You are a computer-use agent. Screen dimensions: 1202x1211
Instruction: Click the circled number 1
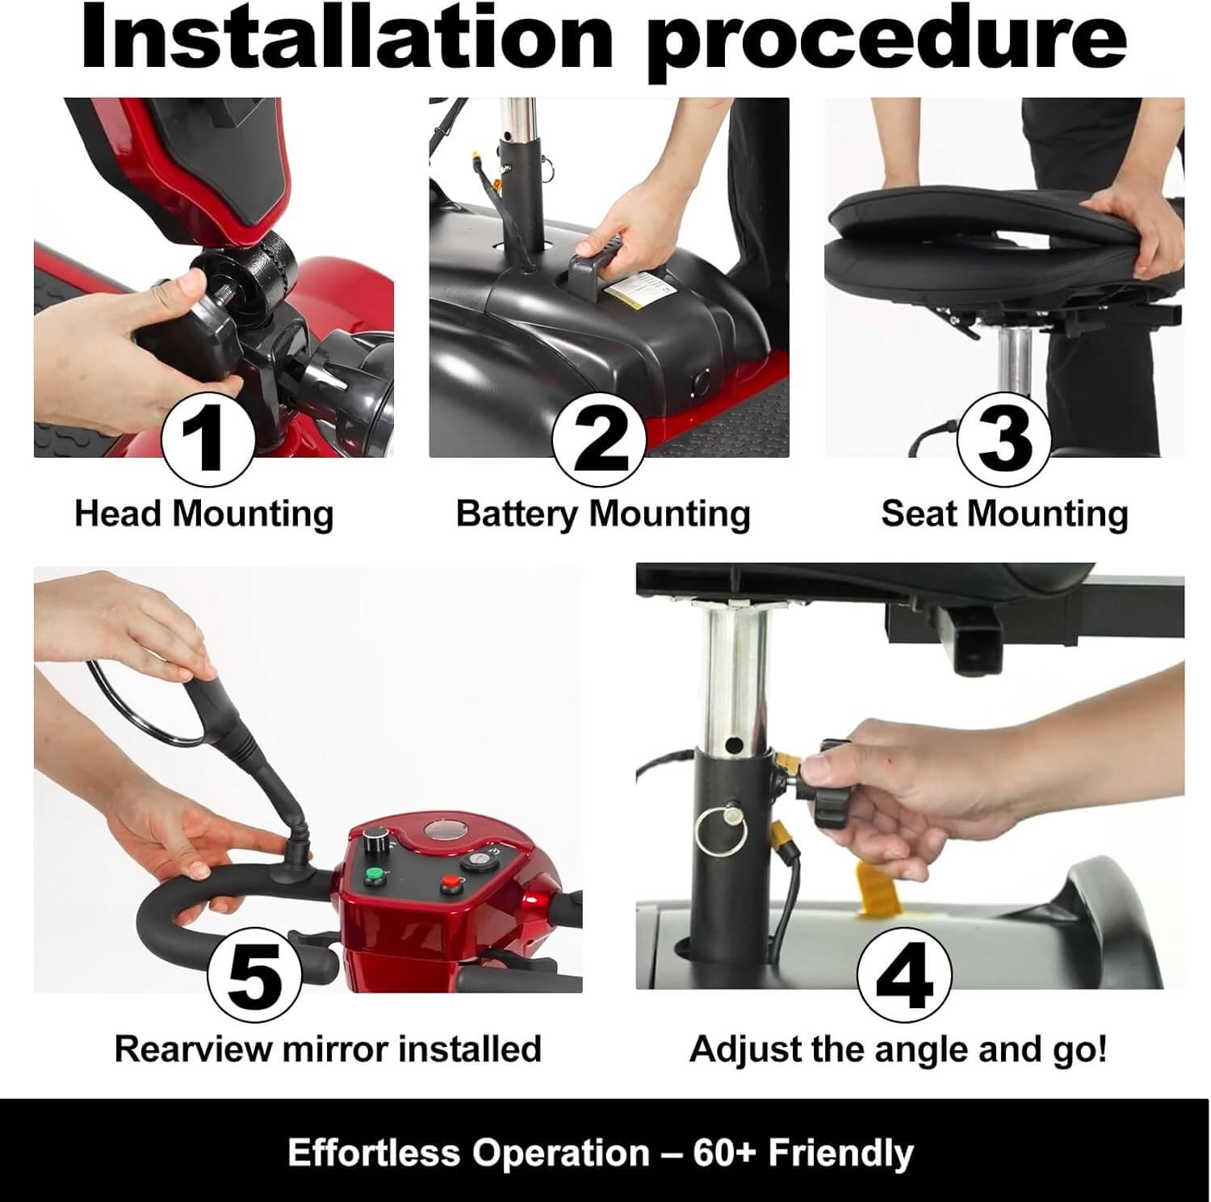point(208,438)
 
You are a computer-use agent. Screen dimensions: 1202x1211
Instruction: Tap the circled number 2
point(599,438)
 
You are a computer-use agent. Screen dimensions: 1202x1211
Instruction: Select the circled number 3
point(1004,438)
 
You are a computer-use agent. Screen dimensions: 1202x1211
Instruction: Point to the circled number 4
point(903,974)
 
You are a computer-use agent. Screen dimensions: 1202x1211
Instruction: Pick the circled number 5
point(254,974)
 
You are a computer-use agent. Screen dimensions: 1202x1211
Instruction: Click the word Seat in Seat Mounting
point(919,513)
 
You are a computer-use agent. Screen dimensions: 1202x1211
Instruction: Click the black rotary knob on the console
point(375,836)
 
